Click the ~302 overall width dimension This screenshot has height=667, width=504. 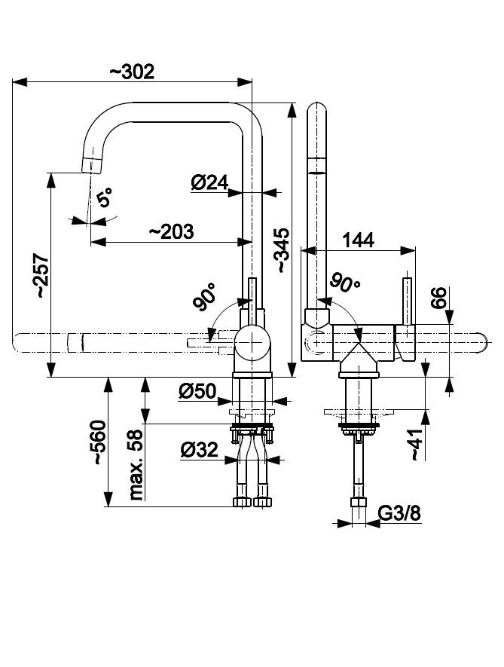(x=133, y=72)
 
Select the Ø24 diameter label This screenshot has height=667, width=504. (x=209, y=183)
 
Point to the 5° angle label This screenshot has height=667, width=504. (x=105, y=199)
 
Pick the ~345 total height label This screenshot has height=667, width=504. (x=280, y=249)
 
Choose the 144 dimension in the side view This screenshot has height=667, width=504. (x=359, y=240)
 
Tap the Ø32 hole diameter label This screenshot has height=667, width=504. (x=200, y=450)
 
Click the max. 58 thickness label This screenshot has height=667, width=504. (x=136, y=467)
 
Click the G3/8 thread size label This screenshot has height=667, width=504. (x=397, y=514)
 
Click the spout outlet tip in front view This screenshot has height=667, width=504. (x=90, y=164)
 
